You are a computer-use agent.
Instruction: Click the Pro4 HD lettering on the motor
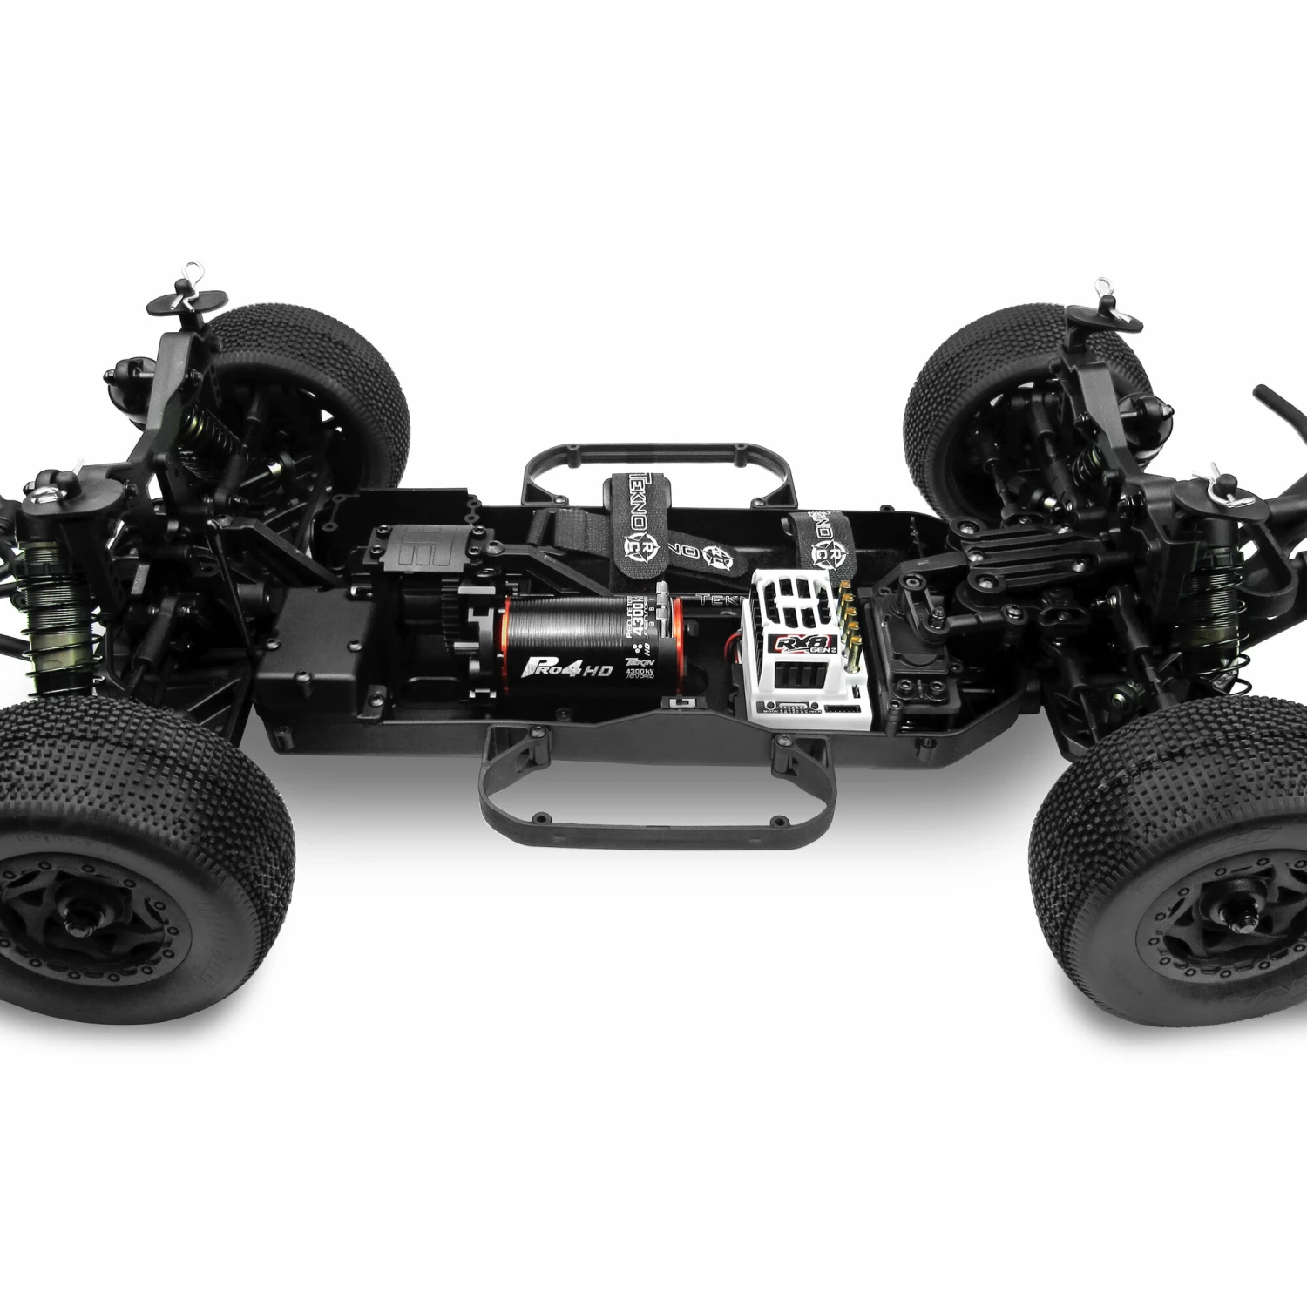pyautogui.click(x=569, y=670)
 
